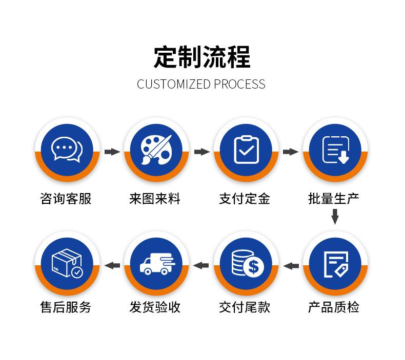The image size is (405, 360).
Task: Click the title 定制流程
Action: point(202,57)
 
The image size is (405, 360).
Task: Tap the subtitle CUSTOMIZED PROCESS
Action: point(201,84)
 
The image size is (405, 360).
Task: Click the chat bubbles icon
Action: point(67,150)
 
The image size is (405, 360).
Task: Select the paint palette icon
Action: point(156,150)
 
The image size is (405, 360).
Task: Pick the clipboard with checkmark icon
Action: point(246,150)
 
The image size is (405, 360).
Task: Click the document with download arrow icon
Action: point(335,150)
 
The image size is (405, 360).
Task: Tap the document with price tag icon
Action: point(335,264)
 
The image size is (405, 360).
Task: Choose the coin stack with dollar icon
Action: point(246,264)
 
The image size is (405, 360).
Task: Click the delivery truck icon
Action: point(156,264)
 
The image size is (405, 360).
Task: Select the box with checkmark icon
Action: point(67,264)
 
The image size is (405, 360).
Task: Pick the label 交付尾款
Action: point(245,307)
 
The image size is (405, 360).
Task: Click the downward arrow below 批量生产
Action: point(335,218)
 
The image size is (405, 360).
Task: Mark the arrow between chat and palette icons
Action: point(112,152)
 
